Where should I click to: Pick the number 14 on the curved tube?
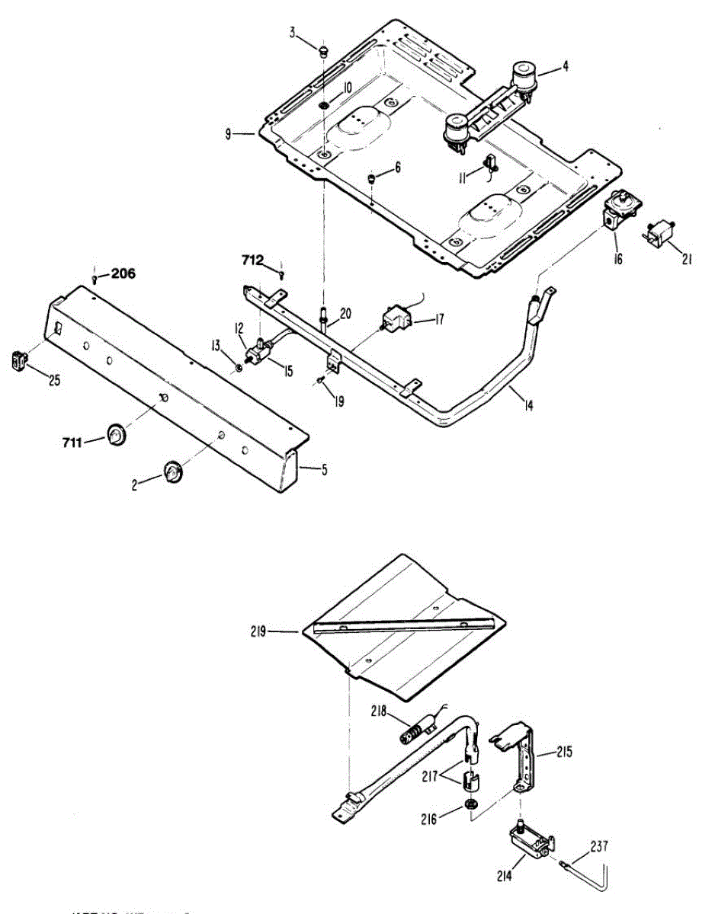[528, 405]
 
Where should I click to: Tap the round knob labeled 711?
[117, 434]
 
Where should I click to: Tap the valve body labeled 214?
[527, 845]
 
